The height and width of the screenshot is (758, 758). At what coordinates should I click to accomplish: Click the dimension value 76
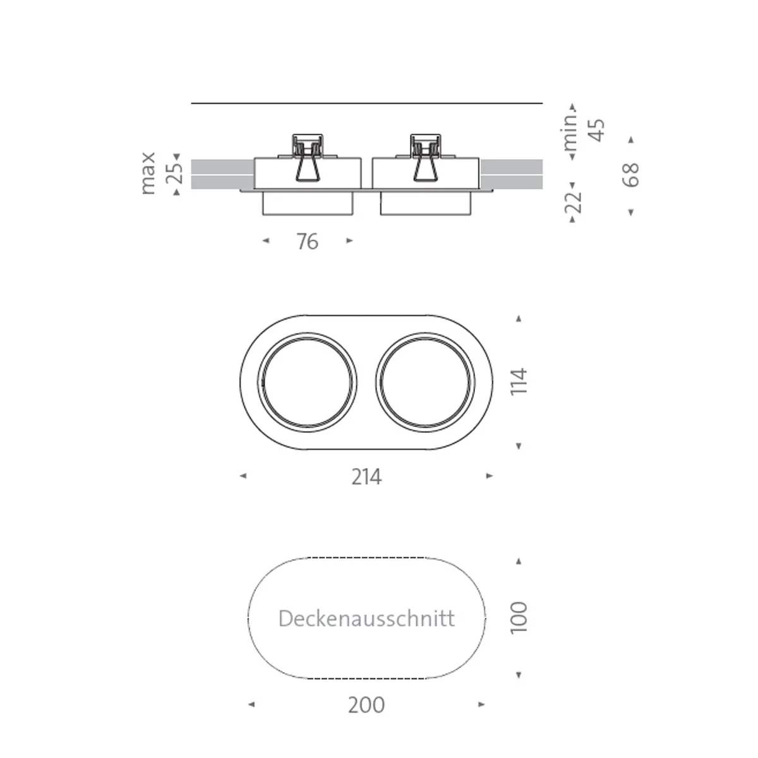coord(308,242)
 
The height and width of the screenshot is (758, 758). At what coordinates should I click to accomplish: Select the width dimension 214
coord(366,477)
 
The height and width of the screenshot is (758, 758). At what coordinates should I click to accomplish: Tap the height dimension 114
coord(519,382)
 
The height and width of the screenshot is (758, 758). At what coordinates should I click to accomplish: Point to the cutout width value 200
coord(366,705)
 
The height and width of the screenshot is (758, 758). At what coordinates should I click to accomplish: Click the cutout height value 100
coord(519,618)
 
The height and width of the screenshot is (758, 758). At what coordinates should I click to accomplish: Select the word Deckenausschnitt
coord(366,618)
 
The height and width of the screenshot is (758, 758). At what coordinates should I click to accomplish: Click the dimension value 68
coord(630,175)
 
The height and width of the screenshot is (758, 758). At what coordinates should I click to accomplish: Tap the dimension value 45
coord(596,130)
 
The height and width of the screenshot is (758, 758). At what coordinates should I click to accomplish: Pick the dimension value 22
coord(573,202)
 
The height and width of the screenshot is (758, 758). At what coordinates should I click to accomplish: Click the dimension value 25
coord(177,172)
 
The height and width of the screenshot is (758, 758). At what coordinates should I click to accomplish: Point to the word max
coord(148,173)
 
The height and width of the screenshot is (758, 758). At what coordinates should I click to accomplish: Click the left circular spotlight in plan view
coord(308,383)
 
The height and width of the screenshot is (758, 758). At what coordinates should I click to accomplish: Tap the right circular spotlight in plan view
coord(425,383)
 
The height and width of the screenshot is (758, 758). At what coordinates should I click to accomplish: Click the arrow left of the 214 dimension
coord(243,476)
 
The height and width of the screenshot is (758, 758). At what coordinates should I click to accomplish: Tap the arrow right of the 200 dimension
coord(481,704)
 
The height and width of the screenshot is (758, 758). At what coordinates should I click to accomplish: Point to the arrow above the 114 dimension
coord(519,319)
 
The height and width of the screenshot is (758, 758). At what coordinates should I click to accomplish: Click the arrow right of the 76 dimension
coord(349,241)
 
